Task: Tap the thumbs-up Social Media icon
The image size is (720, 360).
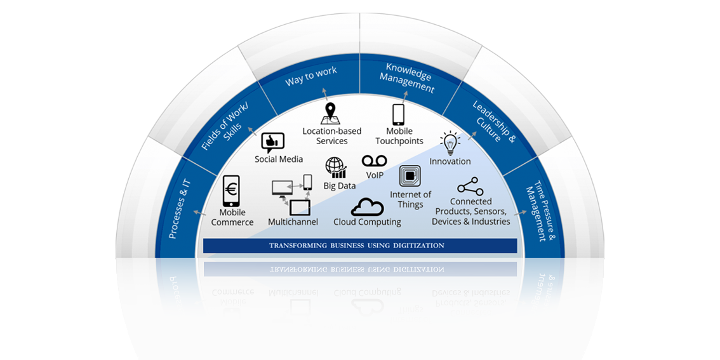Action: coord(272,142)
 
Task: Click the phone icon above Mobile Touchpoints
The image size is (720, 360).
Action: coord(398,114)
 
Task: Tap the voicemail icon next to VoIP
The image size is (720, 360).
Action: coord(375,161)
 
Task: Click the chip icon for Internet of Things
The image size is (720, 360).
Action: coord(410,177)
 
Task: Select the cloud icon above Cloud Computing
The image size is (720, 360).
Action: coord(367,207)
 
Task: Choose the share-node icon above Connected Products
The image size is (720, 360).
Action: coord(470,187)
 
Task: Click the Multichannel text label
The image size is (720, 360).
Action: coord(293,222)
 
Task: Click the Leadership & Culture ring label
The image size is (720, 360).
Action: coord(494,121)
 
